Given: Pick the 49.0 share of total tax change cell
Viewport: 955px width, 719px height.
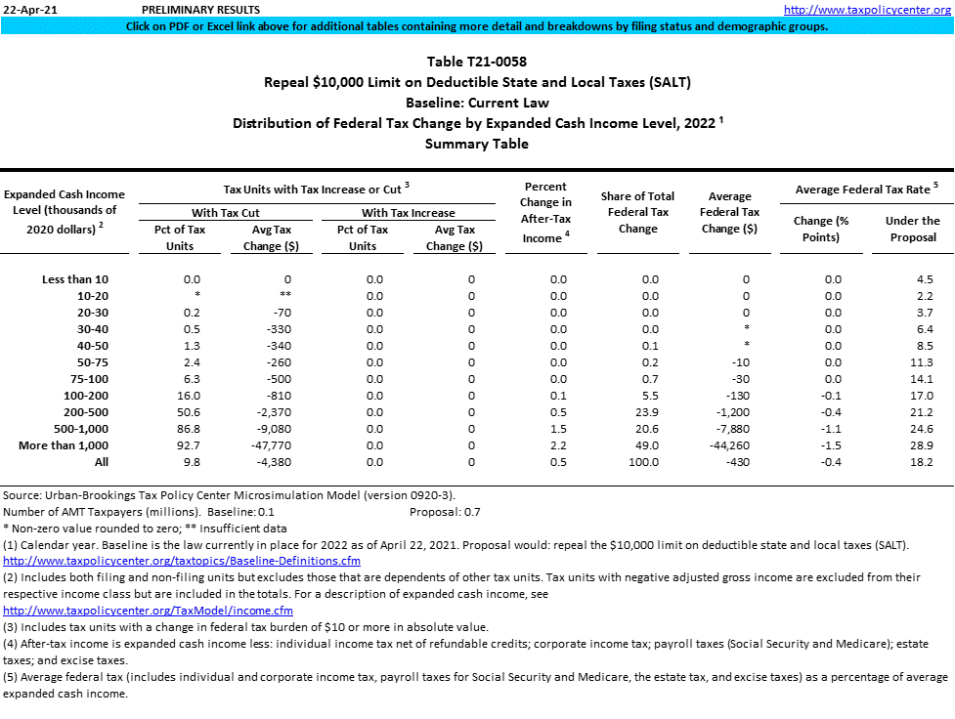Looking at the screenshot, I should [x=649, y=445].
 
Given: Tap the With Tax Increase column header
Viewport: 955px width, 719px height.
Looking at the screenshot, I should [x=408, y=212].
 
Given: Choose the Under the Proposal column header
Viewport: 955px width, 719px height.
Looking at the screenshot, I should [x=912, y=229].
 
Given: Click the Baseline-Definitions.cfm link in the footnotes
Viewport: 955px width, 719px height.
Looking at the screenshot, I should [x=182, y=561].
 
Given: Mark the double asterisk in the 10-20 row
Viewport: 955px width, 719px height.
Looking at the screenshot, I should [x=287, y=296].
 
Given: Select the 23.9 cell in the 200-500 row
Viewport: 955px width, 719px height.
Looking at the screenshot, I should [x=649, y=412].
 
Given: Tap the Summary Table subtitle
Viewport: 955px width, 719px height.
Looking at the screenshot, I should [x=477, y=144].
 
